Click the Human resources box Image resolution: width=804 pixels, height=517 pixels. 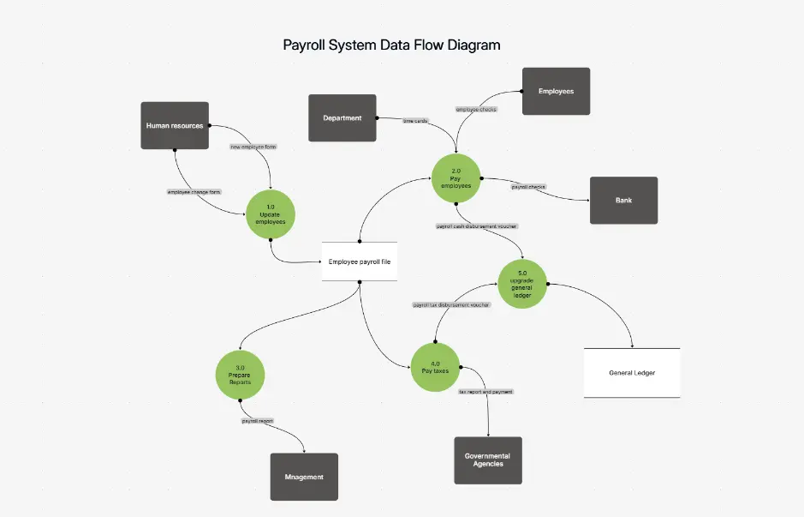click(x=175, y=126)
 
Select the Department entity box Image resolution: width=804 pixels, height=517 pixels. click(x=342, y=118)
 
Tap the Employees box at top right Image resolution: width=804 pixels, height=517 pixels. click(x=556, y=91)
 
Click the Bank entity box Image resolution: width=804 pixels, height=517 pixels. click(x=623, y=201)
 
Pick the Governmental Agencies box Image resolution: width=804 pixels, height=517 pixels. click(x=487, y=460)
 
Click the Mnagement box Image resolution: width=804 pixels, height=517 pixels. click(x=304, y=477)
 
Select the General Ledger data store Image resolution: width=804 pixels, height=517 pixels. click(x=632, y=373)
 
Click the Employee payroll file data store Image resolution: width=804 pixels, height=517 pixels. click(x=360, y=262)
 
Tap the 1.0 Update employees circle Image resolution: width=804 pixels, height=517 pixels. click(x=271, y=214)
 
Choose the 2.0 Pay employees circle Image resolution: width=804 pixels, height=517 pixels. click(x=456, y=177)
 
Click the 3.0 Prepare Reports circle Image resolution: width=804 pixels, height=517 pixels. click(x=240, y=374)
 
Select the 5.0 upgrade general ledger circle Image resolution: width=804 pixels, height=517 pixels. click(x=522, y=283)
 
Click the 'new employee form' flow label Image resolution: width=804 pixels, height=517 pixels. click(x=253, y=147)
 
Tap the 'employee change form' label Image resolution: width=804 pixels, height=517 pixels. click(x=194, y=192)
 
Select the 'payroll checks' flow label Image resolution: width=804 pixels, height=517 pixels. click(x=528, y=186)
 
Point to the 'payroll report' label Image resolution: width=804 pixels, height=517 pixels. click(x=257, y=422)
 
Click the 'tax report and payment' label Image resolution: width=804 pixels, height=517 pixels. click(x=485, y=392)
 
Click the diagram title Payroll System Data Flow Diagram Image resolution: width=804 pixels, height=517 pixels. click(x=391, y=45)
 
